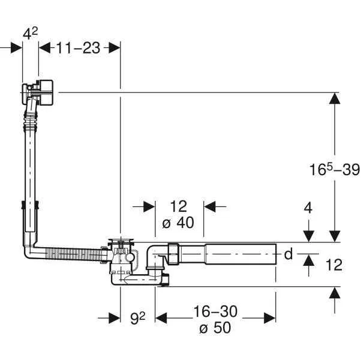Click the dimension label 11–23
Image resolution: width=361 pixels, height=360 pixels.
pyautogui.click(x=79, y=48)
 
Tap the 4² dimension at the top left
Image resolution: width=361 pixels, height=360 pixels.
pyautogui.click(x=30, y=34)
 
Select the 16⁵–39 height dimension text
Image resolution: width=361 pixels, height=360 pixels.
pyautogui.click(x=335, y=170)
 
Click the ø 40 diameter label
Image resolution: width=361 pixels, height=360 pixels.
pyautogui.click(x=178, y=223)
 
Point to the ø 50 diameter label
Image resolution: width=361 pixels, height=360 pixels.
pyautogui.click(x=215, y=327)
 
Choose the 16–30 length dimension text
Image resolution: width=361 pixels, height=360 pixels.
pyautogui.click(x=215, y=311)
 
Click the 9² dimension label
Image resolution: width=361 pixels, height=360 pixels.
pyautogui.click(x=138, y=318)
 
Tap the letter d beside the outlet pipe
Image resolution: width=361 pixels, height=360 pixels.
pyautogui.click(x=288, y=254)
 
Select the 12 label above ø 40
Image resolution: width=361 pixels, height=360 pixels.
pyautogui.click(x=179, y=206)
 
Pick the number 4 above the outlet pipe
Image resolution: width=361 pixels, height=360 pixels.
pyautogui.click(x=308, y=208)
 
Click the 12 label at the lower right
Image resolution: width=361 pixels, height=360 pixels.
pyautogui.click(x=334, y=265)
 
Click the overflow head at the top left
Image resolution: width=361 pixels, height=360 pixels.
pyautogui.click(x=38, y=92)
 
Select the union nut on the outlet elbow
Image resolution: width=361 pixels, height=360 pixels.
pyautogui.click(x=173, y=253)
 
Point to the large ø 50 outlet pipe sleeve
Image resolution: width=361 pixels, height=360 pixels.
pyautogui.click(x=240, y=254)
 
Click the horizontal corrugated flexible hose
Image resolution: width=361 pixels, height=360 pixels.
pyautogui.click(x=74, y=254)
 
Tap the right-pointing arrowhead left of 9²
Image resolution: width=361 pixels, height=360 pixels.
pyautogui.click(x=115, y=318)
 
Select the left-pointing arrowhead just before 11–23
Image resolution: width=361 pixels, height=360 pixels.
pyautogui.click(x=45, y=47)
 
